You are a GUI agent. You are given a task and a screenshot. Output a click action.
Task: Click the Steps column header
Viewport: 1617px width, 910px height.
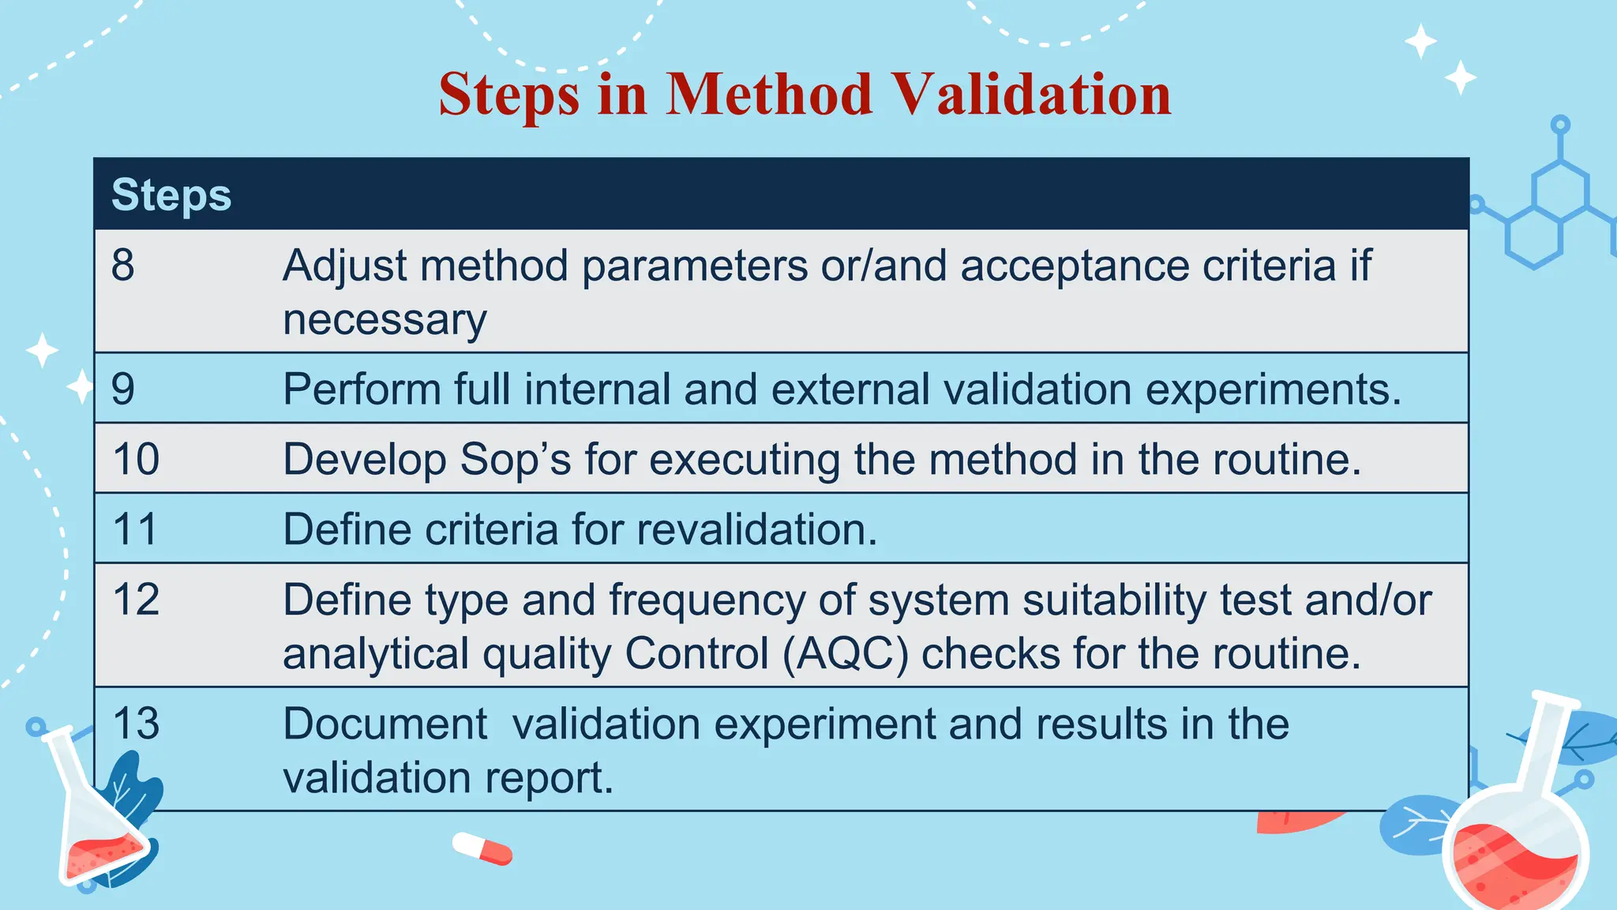tap(171, 195)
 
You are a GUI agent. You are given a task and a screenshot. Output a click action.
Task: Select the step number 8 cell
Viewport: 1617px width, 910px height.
tap(123, 265)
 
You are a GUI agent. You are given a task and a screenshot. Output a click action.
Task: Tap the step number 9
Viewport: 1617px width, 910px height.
tap(123, 389)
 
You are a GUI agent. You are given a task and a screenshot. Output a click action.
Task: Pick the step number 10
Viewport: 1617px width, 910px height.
tap(136, 460)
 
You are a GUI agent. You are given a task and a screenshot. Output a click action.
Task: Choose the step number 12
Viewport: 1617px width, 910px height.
tap(136, 600)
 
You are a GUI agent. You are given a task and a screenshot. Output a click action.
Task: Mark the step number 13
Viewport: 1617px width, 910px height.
tap(136, 724)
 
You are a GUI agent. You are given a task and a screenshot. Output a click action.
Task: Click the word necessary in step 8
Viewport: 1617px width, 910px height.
tap(385, 321)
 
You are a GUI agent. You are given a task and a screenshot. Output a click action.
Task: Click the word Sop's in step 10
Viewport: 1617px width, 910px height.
tap(515, 460)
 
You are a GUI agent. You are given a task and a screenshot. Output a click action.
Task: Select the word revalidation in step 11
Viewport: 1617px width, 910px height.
tap(756, 529)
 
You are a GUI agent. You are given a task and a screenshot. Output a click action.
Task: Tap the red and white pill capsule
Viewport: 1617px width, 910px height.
tap(482, 848)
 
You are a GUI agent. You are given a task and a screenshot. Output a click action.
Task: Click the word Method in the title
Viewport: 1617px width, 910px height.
tap(769, 95)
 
